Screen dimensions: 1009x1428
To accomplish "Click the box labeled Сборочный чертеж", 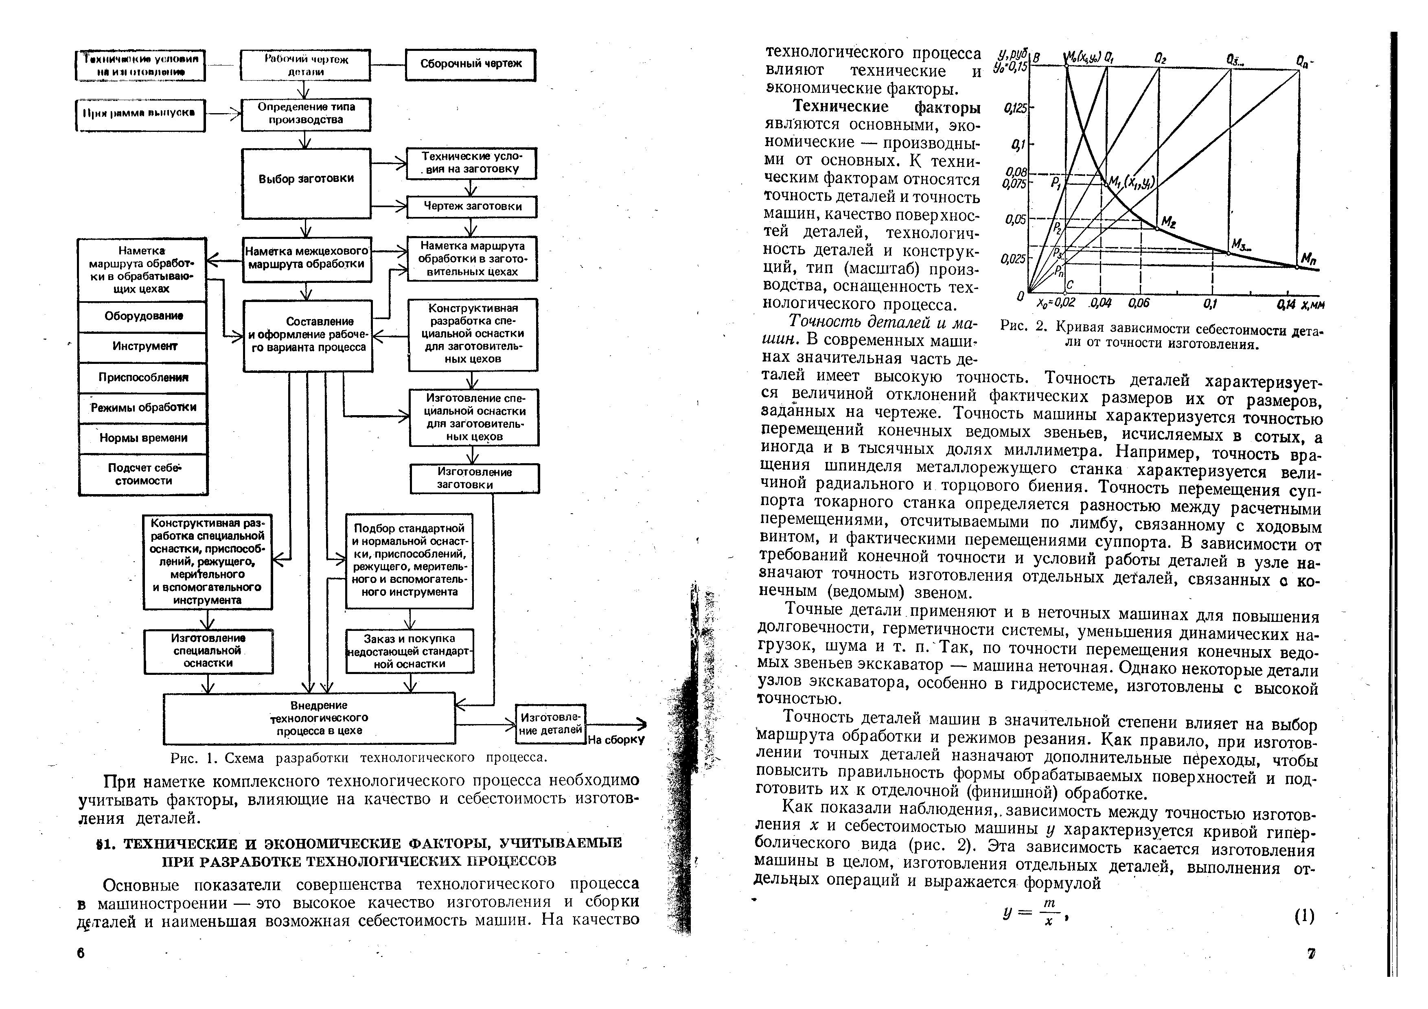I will click(471, 65).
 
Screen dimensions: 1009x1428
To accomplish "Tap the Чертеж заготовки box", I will click(472, 206).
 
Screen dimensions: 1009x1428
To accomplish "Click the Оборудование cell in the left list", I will click(143, 316).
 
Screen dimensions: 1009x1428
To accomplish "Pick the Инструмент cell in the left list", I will click(143, 346).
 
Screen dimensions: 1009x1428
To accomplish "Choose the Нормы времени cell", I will click(143, 438).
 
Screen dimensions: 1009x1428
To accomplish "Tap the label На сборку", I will click(616, 740).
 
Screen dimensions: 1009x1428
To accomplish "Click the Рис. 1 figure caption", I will click(359, 758).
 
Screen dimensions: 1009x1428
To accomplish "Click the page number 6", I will click(81, 953).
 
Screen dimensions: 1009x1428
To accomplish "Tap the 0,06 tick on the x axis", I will click(1139, 303).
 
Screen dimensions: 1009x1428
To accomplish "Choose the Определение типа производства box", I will click(306, 114).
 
